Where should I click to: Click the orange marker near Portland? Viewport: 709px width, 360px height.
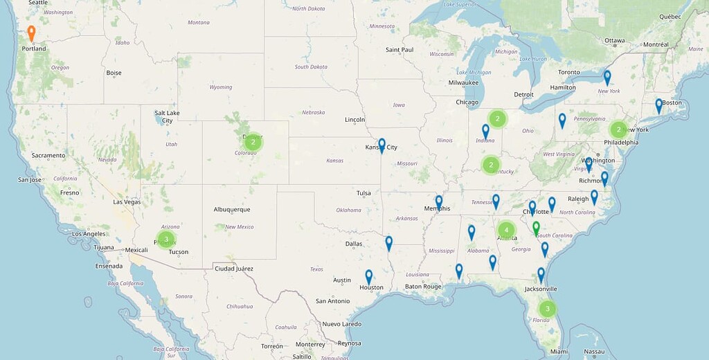tap(31, 33)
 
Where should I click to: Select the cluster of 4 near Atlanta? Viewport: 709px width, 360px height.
tap(506, 229)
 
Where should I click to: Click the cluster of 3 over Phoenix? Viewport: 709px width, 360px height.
tap(166, 239)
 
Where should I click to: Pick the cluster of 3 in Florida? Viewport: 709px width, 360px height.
tap(548, 308)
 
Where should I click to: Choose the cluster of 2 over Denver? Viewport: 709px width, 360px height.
tap(253, 143)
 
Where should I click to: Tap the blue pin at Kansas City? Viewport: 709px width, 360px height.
tap(382, 145)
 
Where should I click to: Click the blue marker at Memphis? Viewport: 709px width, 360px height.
tap(439, 202)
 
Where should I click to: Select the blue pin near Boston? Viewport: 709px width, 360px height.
tap(659, 106)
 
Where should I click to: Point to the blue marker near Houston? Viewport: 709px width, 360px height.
tap(369, 277)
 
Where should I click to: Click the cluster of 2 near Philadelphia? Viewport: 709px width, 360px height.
tap(618, 129)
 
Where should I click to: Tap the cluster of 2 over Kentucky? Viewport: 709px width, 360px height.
tap(491, 165)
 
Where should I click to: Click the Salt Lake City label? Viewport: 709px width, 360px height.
tap(168, 116)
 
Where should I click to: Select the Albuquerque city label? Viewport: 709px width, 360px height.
tap(232, 209)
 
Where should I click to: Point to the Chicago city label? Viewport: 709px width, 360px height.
tap(467, 102)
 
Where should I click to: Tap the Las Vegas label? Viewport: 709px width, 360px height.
tap(127, 202)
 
